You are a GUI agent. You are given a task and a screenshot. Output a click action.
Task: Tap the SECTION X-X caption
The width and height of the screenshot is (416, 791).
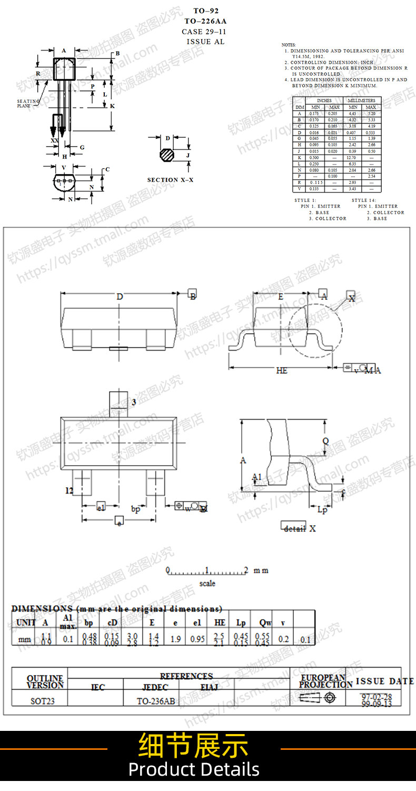170,180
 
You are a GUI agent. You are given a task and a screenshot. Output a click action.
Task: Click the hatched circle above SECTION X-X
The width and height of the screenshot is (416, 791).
168,156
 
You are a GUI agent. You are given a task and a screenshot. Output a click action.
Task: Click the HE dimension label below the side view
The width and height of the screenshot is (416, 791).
282,371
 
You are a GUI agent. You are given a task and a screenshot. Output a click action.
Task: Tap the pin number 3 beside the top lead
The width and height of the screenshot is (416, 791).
134,402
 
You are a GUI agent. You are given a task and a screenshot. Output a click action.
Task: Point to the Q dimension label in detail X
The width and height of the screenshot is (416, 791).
325,441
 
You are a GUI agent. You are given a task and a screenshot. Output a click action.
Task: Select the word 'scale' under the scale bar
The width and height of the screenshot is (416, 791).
207,583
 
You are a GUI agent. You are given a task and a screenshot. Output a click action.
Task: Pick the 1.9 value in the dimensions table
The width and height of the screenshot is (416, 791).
175,639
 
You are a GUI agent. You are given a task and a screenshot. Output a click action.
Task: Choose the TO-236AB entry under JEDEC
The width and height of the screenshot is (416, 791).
156,701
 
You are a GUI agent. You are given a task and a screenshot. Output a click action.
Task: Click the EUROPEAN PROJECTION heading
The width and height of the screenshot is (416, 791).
323,681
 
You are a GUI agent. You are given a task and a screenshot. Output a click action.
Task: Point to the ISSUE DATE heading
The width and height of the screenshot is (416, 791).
384,681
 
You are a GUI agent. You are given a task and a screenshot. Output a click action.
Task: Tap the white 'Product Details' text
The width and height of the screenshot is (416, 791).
194,769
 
